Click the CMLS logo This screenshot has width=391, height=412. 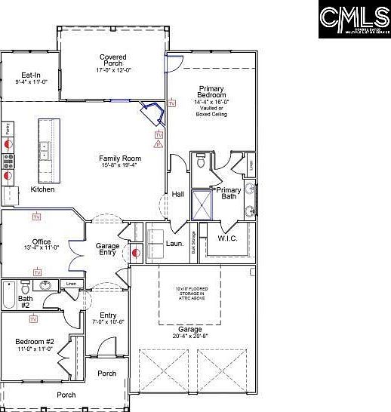[x=353, y=17]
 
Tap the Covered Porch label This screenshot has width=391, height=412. [x=113, y=63]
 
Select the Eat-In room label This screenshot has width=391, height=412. [x=31, y=78]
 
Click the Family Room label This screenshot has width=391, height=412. [x=120, y=162]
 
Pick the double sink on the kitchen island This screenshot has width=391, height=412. [x=45, y=151]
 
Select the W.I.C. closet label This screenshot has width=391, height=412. [x=228, y=239]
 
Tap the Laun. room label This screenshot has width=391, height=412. [x=175, y=244]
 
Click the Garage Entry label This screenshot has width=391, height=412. [x=106, y=250]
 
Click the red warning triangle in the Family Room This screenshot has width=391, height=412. [x=158, y=143]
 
